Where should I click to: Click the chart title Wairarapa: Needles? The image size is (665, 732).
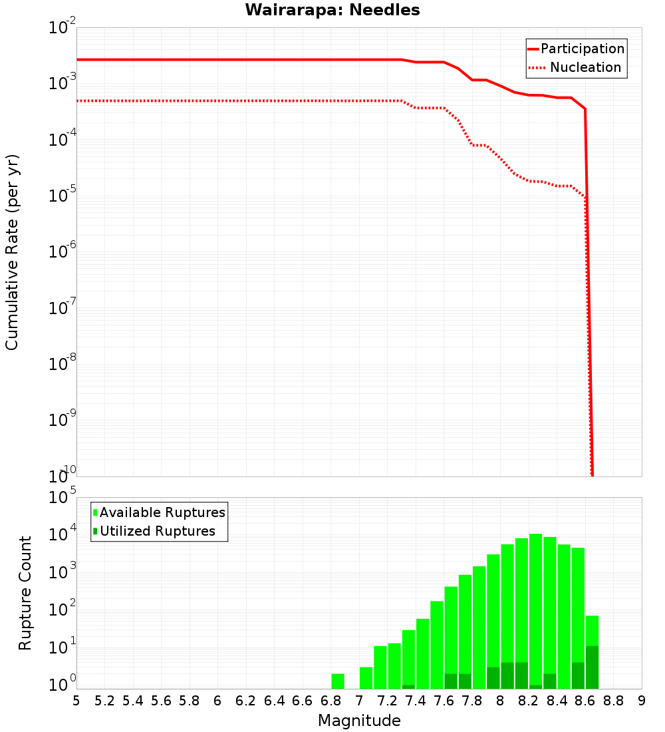[x=332, y=11]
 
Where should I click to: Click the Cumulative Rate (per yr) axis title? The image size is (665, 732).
[x=12, y=252]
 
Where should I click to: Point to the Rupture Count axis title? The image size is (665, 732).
[x=25, y=593]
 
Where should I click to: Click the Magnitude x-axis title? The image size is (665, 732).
[x=359, y=721]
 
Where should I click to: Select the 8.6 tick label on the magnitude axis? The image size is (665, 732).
[x=585, y=700]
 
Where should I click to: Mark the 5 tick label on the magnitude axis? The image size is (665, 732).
[x=76, y=700]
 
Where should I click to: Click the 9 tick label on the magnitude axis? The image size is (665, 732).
[x=642, y=700]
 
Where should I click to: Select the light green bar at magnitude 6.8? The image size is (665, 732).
[x=338, y=681]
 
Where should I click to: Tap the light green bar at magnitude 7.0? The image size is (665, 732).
[x=366, y=677]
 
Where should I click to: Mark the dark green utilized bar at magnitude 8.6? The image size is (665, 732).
[x=592, y=667]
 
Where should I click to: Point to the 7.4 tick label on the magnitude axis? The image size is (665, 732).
[x=416, y=700]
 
